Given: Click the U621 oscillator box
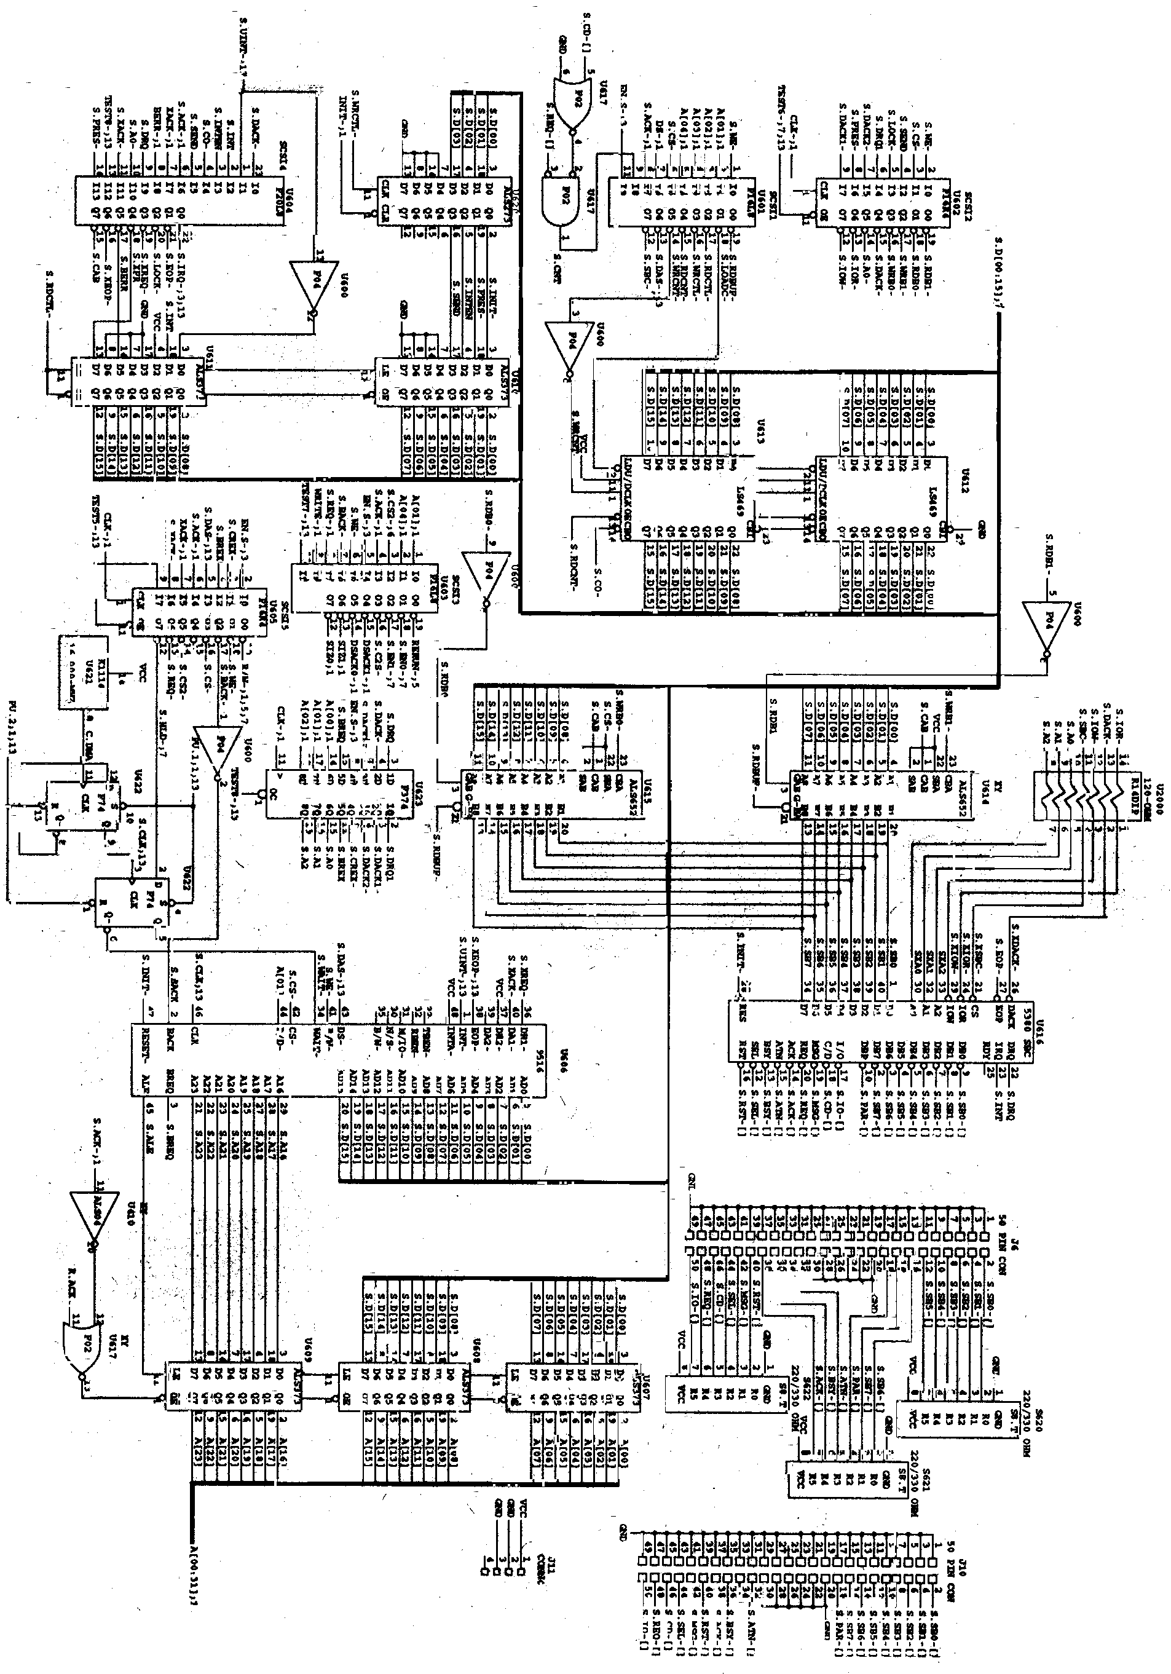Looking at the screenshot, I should tap(82, 671).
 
